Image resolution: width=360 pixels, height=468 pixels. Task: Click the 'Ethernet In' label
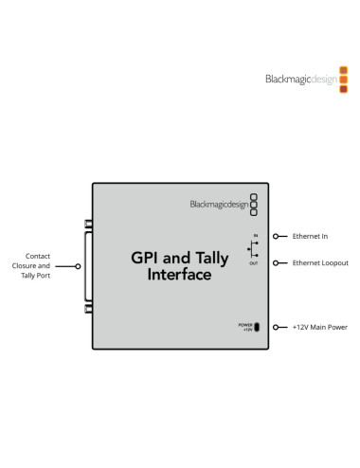point(311,235)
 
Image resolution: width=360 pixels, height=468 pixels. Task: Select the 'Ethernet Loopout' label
point(319,262)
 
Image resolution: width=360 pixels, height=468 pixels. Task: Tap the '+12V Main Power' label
point(319,327)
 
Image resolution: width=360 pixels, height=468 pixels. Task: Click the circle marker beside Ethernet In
point(276,235)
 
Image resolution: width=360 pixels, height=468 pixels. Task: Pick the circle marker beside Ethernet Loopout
point(276,262)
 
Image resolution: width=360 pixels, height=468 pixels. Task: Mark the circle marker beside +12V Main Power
point(276,327)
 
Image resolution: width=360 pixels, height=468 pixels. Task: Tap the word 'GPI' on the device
point(145,257)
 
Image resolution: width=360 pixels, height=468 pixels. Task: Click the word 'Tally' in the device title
point(207,257)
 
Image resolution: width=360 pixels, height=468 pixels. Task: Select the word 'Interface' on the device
point(180,276)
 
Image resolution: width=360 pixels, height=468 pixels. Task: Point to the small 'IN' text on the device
point(255,233)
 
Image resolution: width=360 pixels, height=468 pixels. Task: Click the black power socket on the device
point(259,327)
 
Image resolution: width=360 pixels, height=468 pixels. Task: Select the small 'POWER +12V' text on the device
point(245,327)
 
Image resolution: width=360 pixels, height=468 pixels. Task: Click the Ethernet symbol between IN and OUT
point(252,249)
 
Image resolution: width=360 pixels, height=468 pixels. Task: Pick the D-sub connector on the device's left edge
point(89,268)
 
